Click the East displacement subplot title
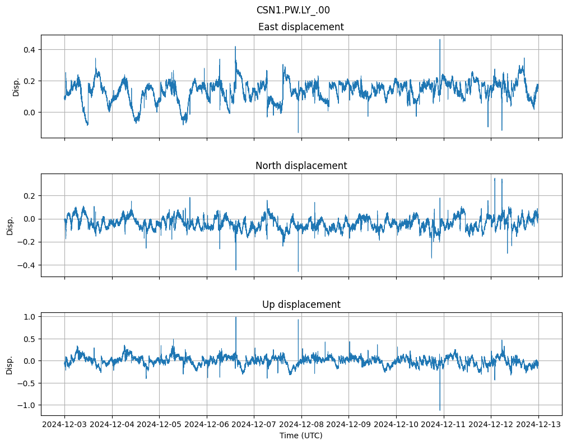[301, 27]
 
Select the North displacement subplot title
[301, 166]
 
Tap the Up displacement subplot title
[301, 305]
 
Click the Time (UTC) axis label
[301, 435]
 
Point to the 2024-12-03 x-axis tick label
[64, 424]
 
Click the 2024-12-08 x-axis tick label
[301, 424]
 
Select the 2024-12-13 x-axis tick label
[538, 424]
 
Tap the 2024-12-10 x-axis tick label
[396, 424]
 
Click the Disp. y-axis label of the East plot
[16, 86]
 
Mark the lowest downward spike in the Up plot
[440, 410]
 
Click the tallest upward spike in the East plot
[440, 40]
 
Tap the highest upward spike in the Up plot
[236, 317]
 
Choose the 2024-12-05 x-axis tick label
[159, 424]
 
